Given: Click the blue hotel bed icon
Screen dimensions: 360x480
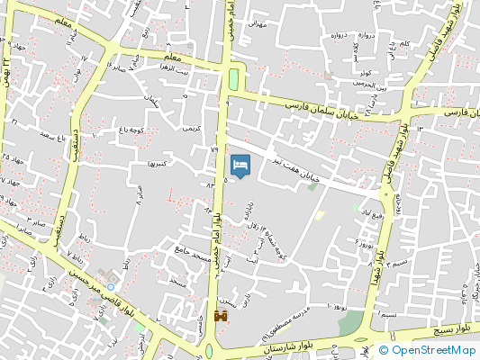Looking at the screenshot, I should (240, 166).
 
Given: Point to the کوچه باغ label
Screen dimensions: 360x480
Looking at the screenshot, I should (133, 132).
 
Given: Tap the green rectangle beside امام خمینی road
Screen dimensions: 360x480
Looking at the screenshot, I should (235, 78).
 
